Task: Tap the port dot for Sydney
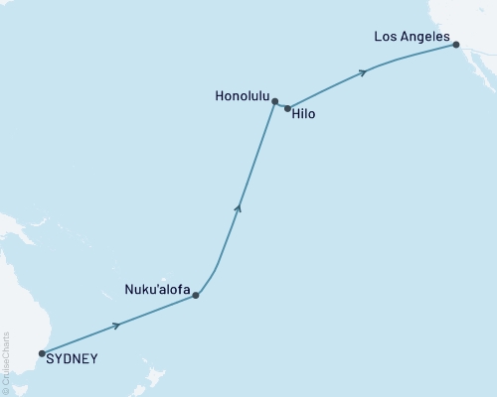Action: (41, 352)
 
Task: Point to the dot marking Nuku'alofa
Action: (196, 295)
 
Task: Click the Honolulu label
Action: (242, 96)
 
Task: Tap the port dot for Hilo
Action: (287, 108)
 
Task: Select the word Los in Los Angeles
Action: (386, 36)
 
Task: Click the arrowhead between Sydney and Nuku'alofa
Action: (118, 325)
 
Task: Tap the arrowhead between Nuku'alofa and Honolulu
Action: (238, 206)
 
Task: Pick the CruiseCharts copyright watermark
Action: (7, 363)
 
